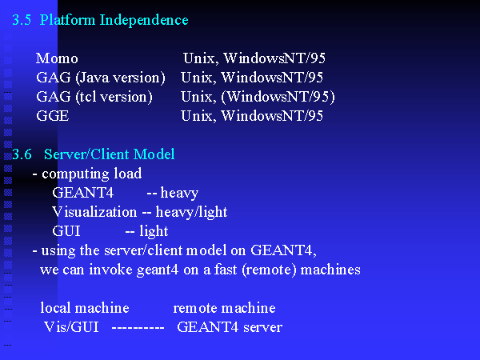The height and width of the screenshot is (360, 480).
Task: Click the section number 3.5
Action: coord(22,20)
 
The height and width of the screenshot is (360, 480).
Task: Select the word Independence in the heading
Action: coord(144,20)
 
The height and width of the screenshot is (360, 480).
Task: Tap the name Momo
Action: coord(57,58)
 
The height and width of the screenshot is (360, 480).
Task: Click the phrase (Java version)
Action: coord(120,78)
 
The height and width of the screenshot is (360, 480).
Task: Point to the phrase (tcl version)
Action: coord(114,97)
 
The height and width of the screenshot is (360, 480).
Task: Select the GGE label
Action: coord(53,116)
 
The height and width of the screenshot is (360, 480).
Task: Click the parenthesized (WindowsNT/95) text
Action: coord(278,97)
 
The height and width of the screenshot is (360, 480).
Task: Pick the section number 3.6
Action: coord(22,154)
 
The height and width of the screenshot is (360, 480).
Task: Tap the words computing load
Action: coord(92,174)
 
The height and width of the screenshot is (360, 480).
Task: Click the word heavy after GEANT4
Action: coord(179,194)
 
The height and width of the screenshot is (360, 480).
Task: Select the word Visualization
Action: coord(94,212)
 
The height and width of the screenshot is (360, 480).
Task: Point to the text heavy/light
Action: coord(192,213)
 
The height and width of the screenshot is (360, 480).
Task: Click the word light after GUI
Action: coord(154,231)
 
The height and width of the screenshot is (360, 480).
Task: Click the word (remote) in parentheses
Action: coord(269,270)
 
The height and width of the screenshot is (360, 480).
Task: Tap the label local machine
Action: coord(85,308)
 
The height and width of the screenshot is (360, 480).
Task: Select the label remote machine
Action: coord(224,308)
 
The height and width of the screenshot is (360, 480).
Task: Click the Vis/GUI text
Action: coord(71,327)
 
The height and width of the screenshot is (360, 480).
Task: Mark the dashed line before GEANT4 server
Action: coord(138,328)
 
